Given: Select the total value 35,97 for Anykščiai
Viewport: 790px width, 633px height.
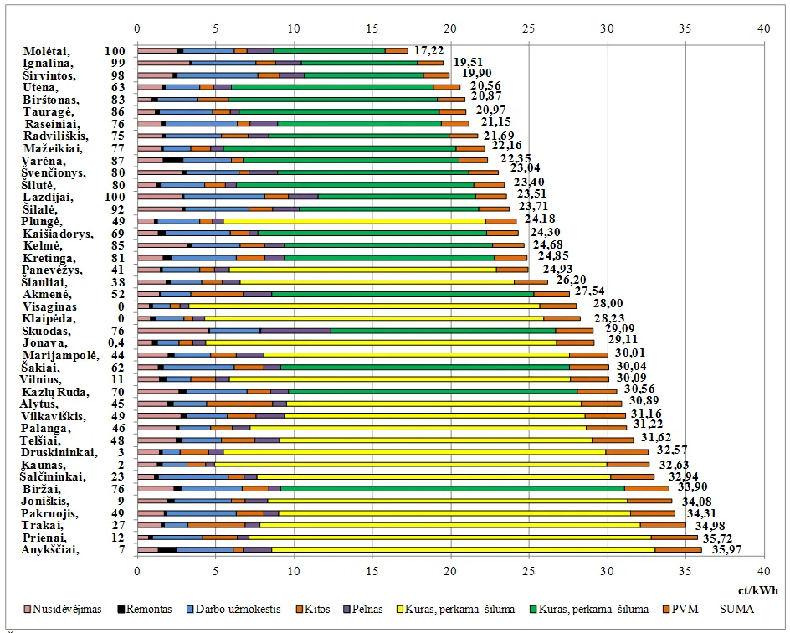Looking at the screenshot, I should (726, 550).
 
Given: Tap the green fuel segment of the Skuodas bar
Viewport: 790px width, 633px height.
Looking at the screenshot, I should (444, 331).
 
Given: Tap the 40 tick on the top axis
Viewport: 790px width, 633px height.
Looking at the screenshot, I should (762, 28).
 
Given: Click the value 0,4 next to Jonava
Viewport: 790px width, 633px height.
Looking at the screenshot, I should (115, 343).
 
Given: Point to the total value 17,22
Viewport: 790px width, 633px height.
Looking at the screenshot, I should (428, 51).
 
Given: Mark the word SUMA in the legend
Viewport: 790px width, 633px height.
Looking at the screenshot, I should (737, 609).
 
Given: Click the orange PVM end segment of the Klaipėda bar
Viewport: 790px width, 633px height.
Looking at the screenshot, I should (562, 318).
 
